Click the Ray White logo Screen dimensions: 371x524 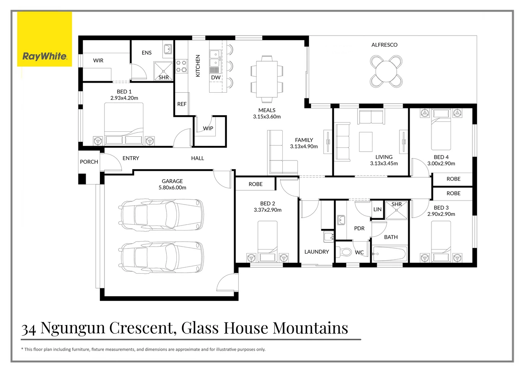click(44, 56)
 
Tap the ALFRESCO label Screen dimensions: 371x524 click(384, 45)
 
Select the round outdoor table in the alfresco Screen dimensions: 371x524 click(386, 71)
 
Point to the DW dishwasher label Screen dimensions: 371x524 click(216, 77)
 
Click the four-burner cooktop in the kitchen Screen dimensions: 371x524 click(181, 66)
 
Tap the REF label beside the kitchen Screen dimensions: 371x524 click(182, 104)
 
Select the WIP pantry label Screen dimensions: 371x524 click(208, 128)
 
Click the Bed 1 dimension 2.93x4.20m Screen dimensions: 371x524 click(124, 98)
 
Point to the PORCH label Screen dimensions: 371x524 click(89, 162)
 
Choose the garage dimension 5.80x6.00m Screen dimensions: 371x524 click(172, 188)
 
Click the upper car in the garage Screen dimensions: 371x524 click(161, 214)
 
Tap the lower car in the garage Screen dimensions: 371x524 click(161, 257)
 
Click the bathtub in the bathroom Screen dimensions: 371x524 click(389, 254)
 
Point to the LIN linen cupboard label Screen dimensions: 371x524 click(377, 209)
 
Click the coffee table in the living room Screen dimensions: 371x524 click(366, 142)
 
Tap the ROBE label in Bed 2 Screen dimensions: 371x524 click(255, 184)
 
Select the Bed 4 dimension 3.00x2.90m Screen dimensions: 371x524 click(441, 163)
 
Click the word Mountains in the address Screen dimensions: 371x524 click(310, 328)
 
